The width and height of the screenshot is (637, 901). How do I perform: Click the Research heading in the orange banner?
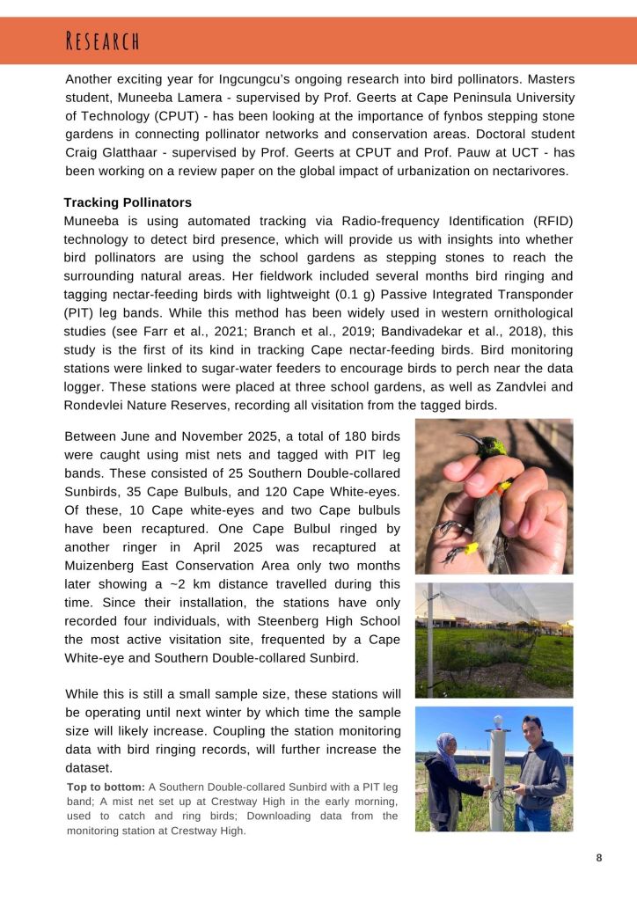pos(103,40)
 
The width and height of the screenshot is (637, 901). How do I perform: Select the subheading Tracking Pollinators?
pos(128,202)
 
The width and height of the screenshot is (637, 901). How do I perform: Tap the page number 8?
pos(599,859)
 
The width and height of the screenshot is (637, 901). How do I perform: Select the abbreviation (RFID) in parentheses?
pos(548,221)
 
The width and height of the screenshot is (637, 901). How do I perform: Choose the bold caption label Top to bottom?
pos(106,786)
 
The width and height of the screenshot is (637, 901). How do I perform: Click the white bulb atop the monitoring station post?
pos(498,721)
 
